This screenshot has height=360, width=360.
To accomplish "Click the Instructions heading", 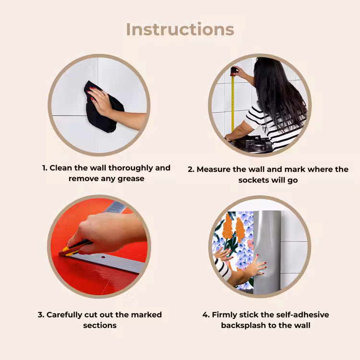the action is pos(180,30).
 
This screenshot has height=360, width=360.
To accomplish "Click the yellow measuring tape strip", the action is pos(233,104).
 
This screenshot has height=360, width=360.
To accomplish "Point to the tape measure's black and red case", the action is pos(234,71).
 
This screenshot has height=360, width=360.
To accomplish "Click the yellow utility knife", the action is pos(74,248).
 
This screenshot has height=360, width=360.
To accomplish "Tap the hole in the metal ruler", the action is pos(103,257).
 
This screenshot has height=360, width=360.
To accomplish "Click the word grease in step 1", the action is pos(131,179).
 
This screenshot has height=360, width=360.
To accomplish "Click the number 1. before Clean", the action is pos(45,168).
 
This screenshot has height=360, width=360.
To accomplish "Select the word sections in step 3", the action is pos(100,325).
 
